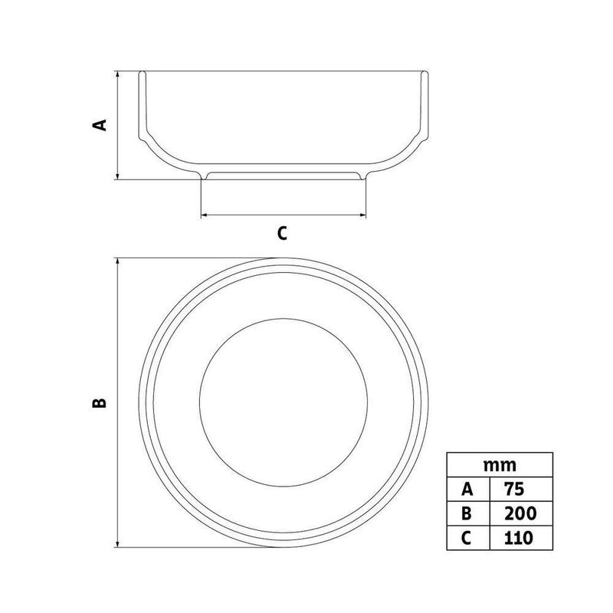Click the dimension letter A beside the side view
[100, 125]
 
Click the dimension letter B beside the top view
[100, 403]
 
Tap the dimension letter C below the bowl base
[282, 233]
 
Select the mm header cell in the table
[500, 465]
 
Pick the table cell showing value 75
[521, 489]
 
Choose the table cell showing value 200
[521, 513]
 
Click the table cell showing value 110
[521, 538]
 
